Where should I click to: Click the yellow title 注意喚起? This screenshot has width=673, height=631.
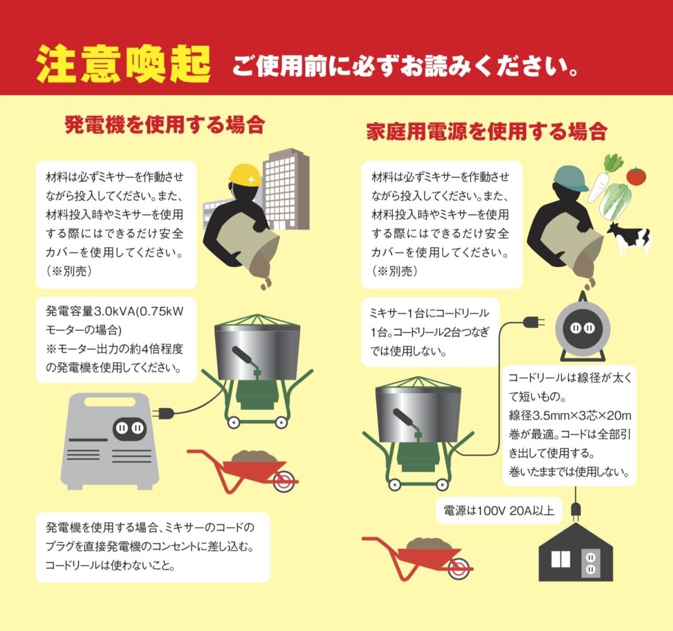tap(124, 65)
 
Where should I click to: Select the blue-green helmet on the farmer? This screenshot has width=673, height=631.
tap(570, 177)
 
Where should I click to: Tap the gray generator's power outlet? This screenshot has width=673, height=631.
tap(129, 428)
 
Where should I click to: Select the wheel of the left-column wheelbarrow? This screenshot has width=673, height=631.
tap(284, 481)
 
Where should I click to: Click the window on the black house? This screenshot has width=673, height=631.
tap(560, 559)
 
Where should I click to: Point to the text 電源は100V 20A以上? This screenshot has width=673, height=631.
tap(498, 510)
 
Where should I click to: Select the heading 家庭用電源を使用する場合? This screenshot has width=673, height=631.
tap(487, 131)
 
